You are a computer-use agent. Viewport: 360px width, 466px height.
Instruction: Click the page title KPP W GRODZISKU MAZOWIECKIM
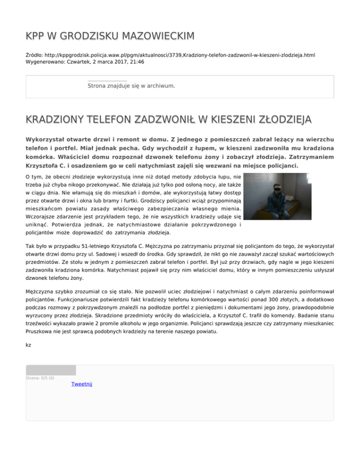coord(110,36)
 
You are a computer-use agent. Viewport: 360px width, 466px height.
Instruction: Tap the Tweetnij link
coord(82,384)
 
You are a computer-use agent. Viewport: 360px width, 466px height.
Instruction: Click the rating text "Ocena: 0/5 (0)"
coord(40,378)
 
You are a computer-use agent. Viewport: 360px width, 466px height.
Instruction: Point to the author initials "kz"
coord(29,345)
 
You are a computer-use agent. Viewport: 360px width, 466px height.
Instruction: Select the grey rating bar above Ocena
coord(51,370)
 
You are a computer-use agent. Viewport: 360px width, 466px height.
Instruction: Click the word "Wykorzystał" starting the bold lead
coord(47,140)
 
